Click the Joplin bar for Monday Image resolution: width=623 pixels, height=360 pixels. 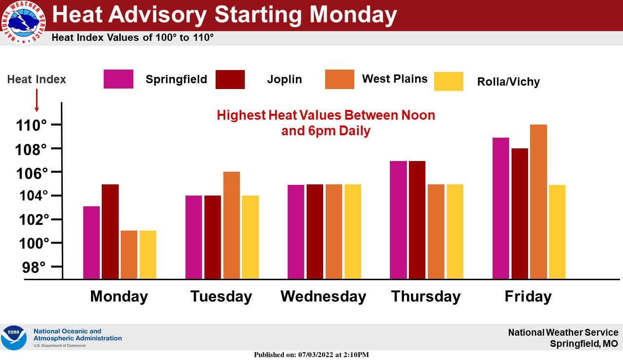pos(110,232)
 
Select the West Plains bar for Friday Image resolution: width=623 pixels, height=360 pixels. pos(538,201)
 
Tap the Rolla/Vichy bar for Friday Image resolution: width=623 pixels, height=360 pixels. pos(557,232)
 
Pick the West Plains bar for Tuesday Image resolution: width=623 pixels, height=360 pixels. pos(232,225)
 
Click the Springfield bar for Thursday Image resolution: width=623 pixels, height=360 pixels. pos(398,220)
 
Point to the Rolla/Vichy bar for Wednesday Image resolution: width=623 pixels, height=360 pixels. pos(353,232)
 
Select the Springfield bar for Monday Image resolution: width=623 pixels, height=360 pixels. pos(92,242)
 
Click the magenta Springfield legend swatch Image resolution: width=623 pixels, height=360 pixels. pos(118,79)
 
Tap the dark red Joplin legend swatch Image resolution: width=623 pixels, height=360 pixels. pos(230,79)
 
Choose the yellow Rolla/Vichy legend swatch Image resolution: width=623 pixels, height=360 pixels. pos(449,81)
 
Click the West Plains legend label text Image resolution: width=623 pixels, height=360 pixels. pos(395,79)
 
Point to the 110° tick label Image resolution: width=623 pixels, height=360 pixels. pos(32,126)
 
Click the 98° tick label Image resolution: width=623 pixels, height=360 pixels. pos(34,268)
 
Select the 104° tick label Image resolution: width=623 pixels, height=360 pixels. pos(34,196)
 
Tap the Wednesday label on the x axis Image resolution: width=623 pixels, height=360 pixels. pos(323,296)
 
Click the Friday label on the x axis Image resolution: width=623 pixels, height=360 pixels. pos(528,297)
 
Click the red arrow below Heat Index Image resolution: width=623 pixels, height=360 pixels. pos(37,100)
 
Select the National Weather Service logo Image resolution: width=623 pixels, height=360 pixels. pos(23,22)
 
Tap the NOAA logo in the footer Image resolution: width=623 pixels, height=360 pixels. pos(14,338)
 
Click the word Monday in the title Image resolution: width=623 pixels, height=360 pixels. pos(353,15)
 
